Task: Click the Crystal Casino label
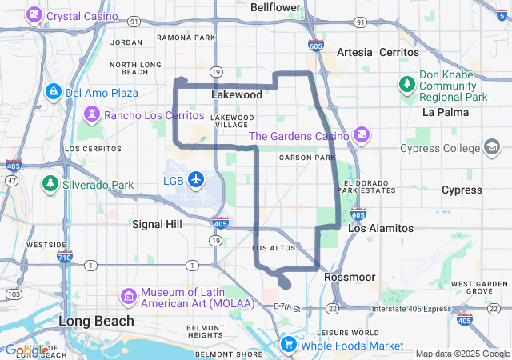click(82, 16)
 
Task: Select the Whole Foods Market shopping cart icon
click(288, 346)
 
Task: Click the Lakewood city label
click(237, 94)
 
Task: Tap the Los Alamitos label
click(380, 228)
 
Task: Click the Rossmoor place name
click(350, 277)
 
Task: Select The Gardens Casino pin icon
click(362, 136)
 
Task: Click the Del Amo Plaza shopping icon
click(54, 92)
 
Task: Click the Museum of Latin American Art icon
click(128, 297)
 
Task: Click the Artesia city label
click(354, 52)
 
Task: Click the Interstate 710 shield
click(65, 258)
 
